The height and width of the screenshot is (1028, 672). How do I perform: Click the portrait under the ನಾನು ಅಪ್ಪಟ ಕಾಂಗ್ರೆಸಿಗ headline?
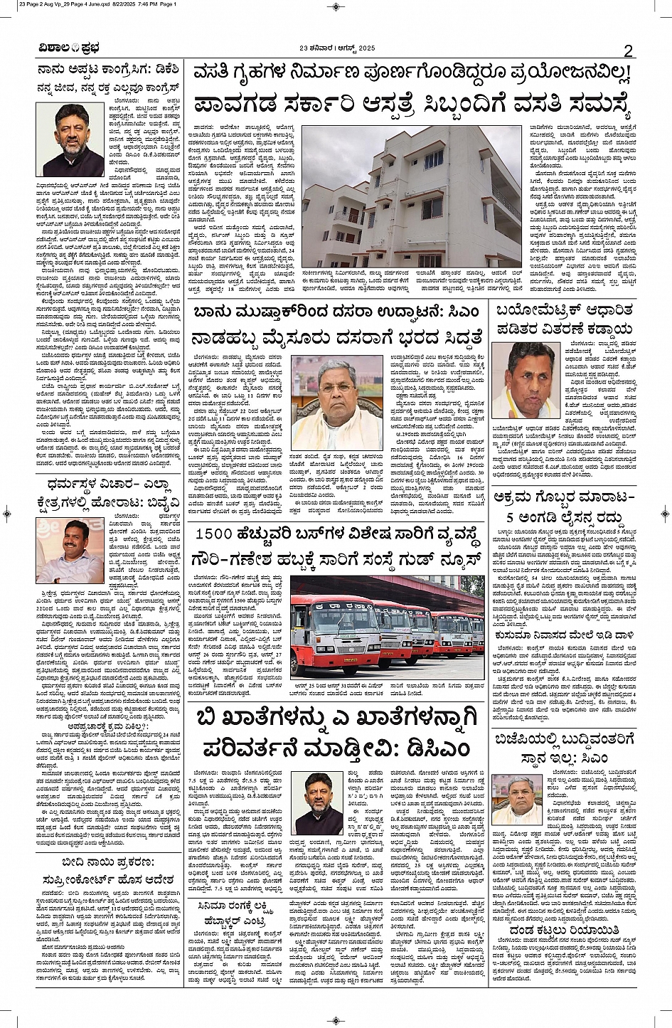click(70, 139)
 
